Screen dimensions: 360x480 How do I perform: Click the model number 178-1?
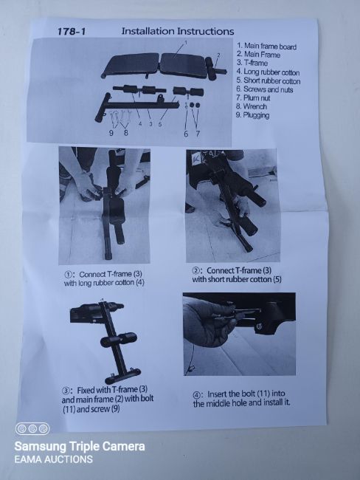(72, 32)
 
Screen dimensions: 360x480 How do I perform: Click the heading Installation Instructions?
(178, 31)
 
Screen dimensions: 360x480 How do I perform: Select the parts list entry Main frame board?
(267, 47)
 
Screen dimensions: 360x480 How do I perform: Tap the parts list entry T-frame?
(252, 63)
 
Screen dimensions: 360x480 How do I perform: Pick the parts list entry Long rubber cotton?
(268, 72)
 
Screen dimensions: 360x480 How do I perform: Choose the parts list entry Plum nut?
(253, 98)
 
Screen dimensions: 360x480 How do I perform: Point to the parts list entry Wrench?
(252, 106)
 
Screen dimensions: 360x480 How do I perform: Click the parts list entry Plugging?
(252, 115)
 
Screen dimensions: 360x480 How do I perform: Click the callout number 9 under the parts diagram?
(111, 133)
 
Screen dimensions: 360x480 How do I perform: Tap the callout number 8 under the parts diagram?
(125, 133)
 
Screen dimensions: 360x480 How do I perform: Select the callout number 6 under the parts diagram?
(186, 134)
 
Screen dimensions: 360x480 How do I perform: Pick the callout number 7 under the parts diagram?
(198, 134)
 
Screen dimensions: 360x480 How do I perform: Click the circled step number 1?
(67, 275)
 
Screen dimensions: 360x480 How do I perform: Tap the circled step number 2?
(195, 271)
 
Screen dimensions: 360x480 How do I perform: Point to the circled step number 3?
(66, 391)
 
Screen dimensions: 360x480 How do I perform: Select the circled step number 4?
(196, 394)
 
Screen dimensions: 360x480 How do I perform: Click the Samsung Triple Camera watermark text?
(80, 446)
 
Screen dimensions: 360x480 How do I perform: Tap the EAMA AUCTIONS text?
(54, 459)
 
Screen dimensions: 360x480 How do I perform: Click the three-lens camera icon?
(32, 429)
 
